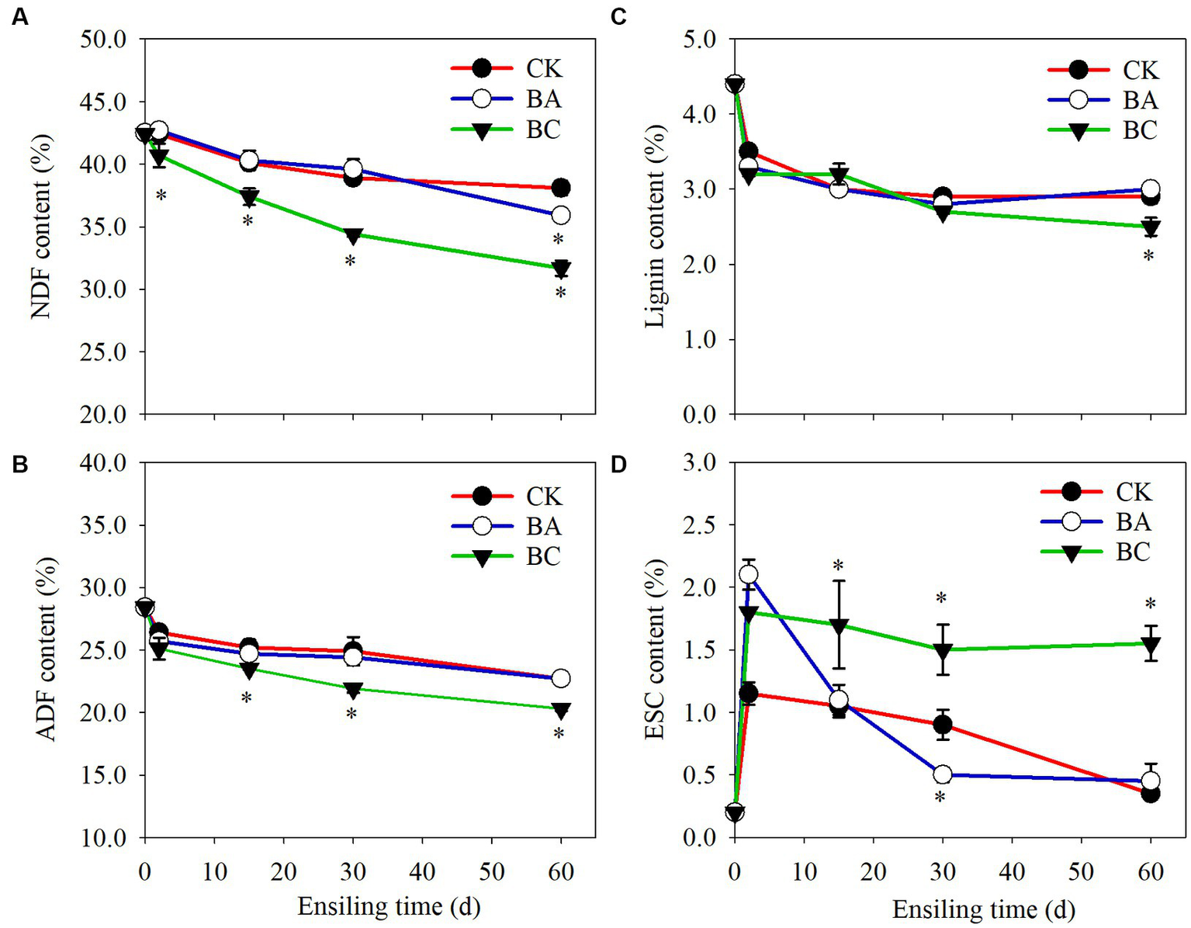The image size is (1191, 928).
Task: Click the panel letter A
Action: pyautogui.click(x=19, y=17)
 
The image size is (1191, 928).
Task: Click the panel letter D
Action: pyautogui.click(x=618, y=465)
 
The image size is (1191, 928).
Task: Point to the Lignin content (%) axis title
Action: pyautogui.click(x=656, y=226)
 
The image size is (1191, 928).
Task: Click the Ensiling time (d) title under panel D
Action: pyautogui.click(x=983, y=909)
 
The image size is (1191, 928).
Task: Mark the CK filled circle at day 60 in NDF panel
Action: pyautogui.click(x=560, y=188)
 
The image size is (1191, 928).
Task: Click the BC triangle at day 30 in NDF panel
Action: pyautogui.click(x=353, y=236)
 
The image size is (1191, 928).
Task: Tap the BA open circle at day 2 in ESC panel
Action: pyautogui.click(x=748, y=575)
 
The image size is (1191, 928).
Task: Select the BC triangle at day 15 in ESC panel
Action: pyautogui.click(x=839, y=626)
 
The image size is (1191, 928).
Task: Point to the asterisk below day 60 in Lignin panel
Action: pyautogui.click(x=1149, y=255)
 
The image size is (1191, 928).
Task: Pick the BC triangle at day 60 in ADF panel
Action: pyautogui.click(x=560, y=709)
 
